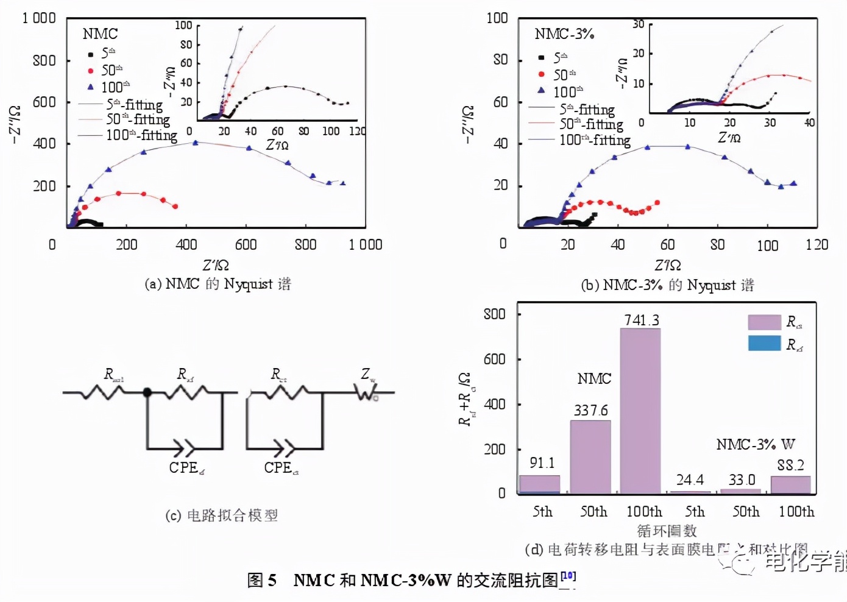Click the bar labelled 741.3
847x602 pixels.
coord(640,411)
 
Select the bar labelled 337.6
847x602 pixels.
coord(590,456)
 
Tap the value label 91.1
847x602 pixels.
coord(542,463)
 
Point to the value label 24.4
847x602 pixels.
coord(690,480)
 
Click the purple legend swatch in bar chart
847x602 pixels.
coord(764,322)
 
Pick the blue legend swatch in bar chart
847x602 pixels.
coord(764,343)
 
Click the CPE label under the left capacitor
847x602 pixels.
coord(186,468)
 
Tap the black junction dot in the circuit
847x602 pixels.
coord(147,392)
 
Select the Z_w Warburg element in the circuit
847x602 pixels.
coord(367,392)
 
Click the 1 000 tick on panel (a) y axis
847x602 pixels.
coord(39,18)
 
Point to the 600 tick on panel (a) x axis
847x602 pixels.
coord(246,245)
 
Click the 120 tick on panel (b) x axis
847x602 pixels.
coord(817,245)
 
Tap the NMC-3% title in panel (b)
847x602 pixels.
coord(564,34)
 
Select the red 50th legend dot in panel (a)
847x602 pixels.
coord(91,71)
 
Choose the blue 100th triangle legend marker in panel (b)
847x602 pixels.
coord(541,90)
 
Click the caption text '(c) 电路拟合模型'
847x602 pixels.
coord(222,515)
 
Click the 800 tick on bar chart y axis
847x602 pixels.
coord(494,314)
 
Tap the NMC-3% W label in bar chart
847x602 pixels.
coord(755,444)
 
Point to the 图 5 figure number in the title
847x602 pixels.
coord(262,580)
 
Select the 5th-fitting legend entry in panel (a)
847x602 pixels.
coord(134,105)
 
